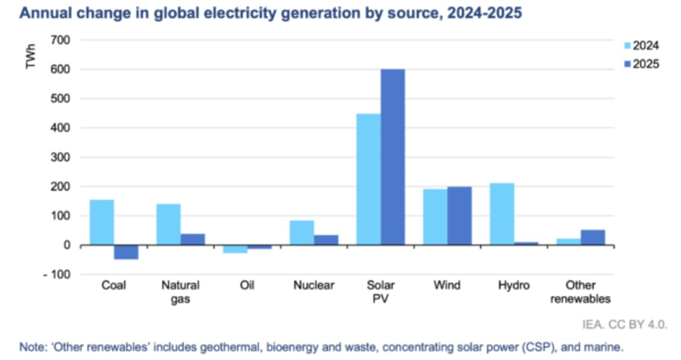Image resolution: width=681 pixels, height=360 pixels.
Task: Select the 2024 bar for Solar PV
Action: [368, 179]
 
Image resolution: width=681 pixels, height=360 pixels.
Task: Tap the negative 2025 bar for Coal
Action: [127, 252]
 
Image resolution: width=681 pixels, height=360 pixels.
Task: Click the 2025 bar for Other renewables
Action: [593, 237]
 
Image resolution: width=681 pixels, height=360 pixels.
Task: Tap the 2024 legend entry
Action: [641, 46]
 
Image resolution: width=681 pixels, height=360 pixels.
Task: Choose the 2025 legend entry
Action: [641, 64]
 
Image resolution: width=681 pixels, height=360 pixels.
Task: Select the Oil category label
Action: [247, 286]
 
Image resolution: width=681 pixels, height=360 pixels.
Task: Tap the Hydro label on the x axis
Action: [514, 286]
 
